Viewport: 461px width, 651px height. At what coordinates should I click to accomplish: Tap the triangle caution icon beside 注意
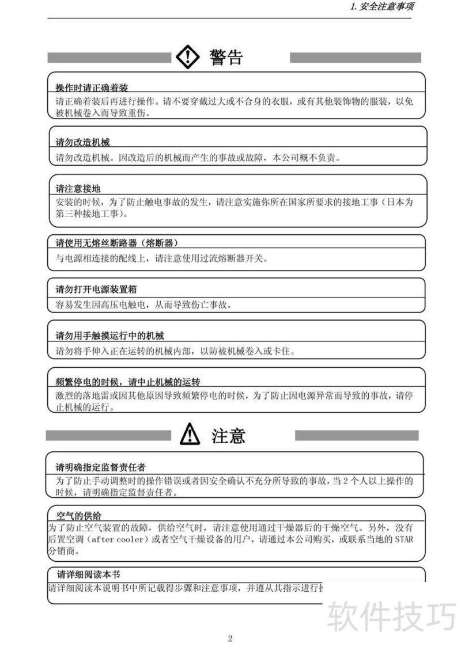point(190,435)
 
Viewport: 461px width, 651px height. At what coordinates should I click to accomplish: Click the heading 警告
point(226,57)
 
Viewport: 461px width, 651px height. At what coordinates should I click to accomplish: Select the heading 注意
point(229,435)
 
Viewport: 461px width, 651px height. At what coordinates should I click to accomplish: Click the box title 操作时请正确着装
point(92,87)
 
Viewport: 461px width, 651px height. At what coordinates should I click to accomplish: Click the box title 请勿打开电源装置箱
point(96,289)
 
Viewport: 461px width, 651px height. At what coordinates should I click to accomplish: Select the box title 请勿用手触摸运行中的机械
point(109,335)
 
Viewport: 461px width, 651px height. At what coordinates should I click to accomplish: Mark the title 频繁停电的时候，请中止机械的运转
point(128,382)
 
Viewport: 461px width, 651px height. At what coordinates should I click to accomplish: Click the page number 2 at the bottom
point(230,638)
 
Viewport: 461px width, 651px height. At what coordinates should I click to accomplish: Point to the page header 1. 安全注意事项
point(383,7)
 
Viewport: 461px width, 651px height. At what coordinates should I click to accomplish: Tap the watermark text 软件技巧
point(391,616)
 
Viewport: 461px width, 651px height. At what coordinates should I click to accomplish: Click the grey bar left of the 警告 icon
point(109,58)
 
